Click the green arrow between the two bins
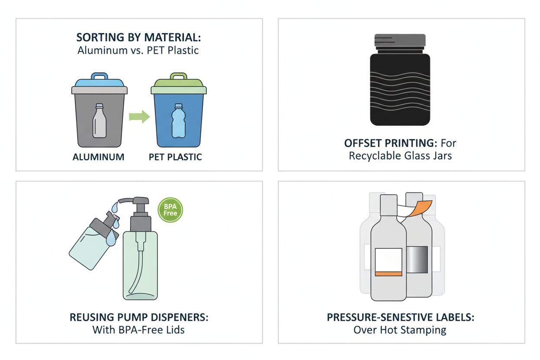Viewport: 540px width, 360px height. [139, 117]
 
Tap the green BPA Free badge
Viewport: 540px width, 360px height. [170, 210]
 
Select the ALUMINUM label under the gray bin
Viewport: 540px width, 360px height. [98, 157]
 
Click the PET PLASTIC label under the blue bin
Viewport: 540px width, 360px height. [175, 157]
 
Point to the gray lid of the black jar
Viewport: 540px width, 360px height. [400, 41]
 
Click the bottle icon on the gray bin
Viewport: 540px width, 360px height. [100, 121]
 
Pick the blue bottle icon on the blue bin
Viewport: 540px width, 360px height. [178, 121]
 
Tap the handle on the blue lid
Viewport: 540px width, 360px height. [100, 76]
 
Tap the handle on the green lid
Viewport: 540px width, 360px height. [178, 76]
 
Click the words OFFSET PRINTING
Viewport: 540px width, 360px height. [391, 143]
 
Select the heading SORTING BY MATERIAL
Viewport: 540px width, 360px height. [138, 37]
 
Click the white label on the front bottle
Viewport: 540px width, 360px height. [389, 262]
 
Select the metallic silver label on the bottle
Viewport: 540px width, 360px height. [417, 260]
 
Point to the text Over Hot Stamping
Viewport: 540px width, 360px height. [400, 330]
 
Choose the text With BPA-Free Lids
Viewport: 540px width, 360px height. [138, 330]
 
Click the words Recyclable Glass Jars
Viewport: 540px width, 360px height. [400, 156]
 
